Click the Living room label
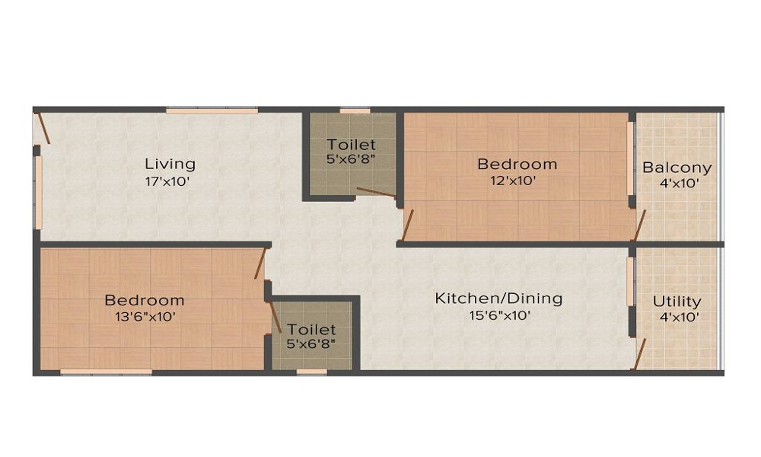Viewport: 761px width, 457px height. coord(170,164)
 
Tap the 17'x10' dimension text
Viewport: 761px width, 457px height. coord(167,182)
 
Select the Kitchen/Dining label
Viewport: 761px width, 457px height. coord(498,298)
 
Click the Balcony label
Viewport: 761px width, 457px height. coord(677,168)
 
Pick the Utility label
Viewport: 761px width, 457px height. coord(677,302)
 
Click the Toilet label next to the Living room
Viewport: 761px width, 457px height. coord(352,144)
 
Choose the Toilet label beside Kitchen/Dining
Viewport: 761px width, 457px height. coord(312,330)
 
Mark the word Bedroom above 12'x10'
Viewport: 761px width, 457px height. coord(517,164)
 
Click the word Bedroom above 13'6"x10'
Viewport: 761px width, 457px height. coord(145,300)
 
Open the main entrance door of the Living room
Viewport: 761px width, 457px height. coord(43,128)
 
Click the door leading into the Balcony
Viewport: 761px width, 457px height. coord(641,226)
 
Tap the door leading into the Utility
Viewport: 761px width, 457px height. coord(641,355)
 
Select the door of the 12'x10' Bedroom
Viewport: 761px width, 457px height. coord(408,225)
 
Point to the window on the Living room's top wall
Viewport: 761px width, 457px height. coord(212,110)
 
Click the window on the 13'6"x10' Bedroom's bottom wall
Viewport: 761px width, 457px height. coord(106,372)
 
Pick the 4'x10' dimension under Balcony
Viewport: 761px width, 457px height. coord(677,184)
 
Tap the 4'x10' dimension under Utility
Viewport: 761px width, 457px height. coord(677,318)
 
